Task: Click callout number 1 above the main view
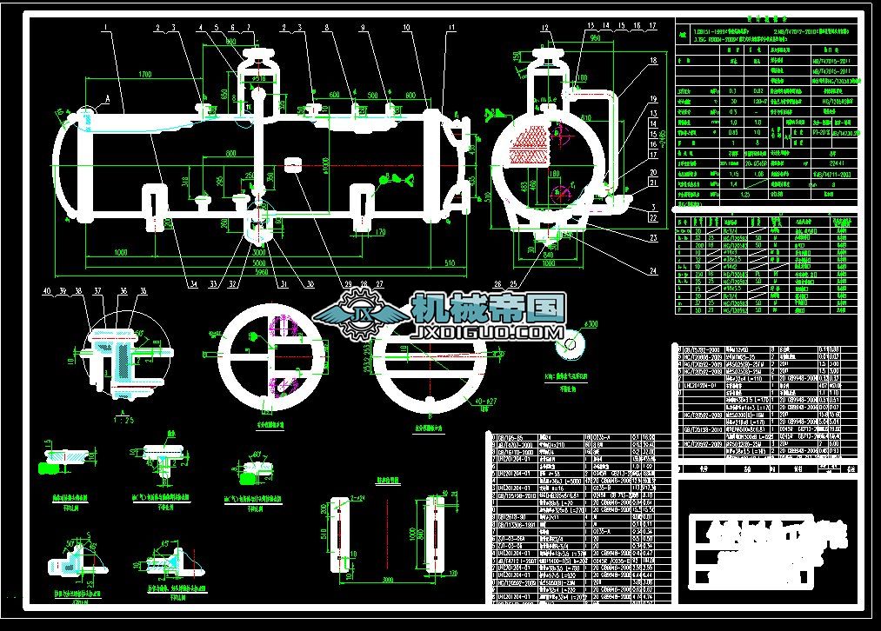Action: (x=104, y=28)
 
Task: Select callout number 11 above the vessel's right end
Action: (x=451, y=28)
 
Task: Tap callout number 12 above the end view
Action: (x=545, y=28)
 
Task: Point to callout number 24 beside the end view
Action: (x=652, y=271)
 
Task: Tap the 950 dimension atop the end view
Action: (x=595, y=38)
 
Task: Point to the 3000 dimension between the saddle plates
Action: (x=384, y=576)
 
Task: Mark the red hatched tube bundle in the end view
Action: (x=527, y=139)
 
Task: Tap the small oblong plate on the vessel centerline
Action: (x=293, y=163)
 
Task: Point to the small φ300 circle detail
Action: (x=571, y=344)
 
